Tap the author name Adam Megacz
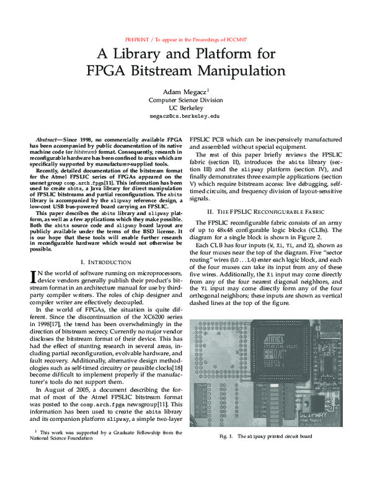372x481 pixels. pos(184,90)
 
